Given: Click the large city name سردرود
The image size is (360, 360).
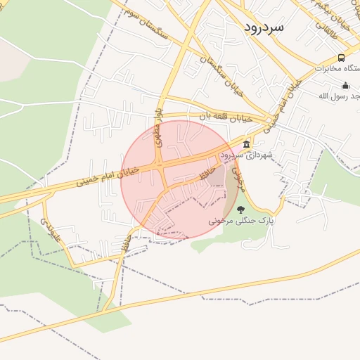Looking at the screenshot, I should click(x=264, y=27).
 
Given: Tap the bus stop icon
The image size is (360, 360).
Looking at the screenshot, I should click(x=341, y=58).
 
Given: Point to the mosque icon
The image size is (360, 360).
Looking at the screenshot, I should click(x=345, y=85).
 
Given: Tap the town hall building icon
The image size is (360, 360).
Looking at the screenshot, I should click(x=246, y=144).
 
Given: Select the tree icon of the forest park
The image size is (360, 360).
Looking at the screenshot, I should click(x=240, y=209).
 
